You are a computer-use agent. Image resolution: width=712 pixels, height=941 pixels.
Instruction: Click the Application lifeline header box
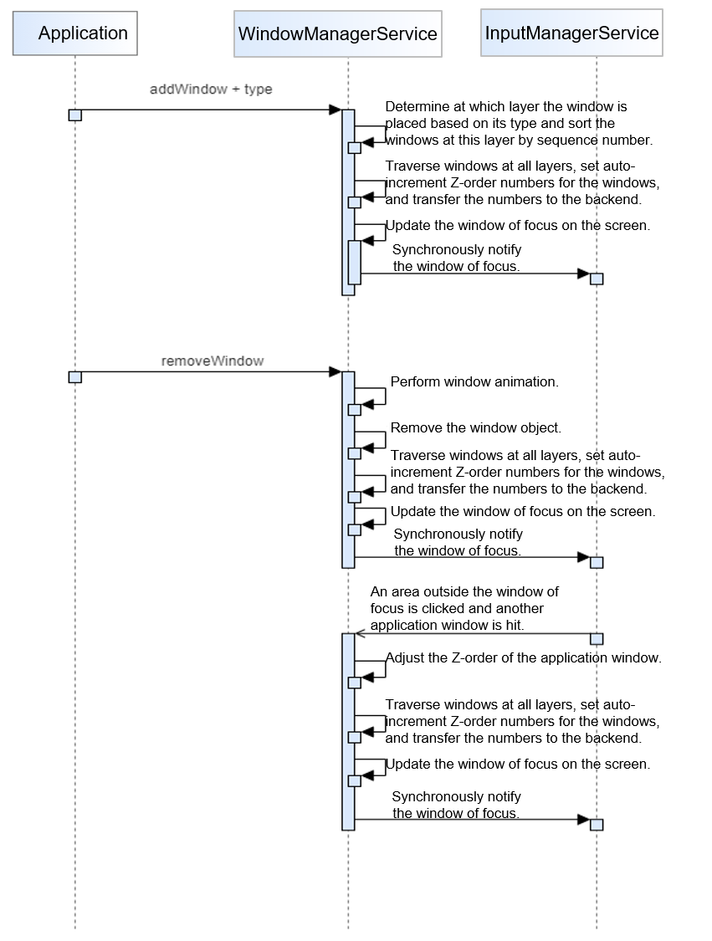click(x=75, y=33)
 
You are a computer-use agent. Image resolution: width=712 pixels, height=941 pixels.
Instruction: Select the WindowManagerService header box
click(x=338, y=34)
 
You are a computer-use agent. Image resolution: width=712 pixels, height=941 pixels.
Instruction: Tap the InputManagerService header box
click(x=571, y=33)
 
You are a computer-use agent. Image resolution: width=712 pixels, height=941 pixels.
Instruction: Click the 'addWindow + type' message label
click(x=211, y=89)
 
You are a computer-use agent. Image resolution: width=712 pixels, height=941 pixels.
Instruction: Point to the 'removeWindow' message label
click(x=212, y=361)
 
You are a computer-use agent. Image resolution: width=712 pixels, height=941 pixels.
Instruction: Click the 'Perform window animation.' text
click(x=474, y=381)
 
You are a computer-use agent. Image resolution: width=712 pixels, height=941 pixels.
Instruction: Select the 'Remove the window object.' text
click(x=475, y=427)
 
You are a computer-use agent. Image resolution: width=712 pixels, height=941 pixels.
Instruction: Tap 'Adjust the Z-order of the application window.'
click(x=524, y=657)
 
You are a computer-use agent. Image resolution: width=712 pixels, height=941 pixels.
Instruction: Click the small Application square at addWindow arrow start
click(x=75, y=115)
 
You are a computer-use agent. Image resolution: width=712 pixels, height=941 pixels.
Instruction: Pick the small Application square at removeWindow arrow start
click(x=75, y=377)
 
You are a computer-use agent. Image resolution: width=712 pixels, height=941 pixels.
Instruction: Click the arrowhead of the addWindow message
click(x=335, y=110)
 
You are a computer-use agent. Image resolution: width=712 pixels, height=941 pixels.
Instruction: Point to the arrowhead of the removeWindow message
click(x=335, y=372)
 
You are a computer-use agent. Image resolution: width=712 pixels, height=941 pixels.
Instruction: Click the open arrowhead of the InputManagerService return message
click(x=360, y=634)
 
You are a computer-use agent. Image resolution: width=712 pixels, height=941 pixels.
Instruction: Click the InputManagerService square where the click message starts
click(x=597, y=639)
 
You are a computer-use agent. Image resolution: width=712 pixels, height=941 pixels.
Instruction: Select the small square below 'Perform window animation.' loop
click(x=354, y=409)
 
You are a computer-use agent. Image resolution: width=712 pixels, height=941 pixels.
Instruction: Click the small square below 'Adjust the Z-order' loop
click(x=354, y=683)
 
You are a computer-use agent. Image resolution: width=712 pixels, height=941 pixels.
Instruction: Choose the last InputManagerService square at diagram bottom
click(x=597, y=825)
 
